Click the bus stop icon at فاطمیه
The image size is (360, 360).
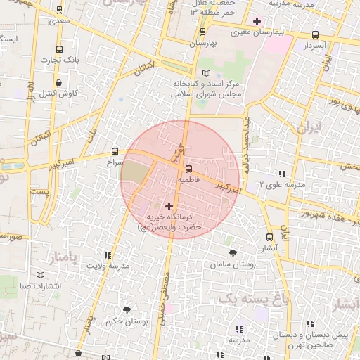coord(188,169)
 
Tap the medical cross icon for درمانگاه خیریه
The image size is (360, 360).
coord(169,206)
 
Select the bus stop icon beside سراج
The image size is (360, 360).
coord(115,151)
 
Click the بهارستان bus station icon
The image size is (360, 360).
coord(202,32)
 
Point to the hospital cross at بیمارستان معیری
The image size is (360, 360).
coord(257,21)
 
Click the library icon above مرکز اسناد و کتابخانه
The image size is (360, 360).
coord(205,73)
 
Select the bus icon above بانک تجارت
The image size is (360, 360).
coord(58,50)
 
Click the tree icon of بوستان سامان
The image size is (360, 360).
coord(232,252)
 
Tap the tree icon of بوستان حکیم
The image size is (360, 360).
coord(127,310)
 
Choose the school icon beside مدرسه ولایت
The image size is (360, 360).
coord(108,256)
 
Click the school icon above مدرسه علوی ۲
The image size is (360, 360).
coord(283,173)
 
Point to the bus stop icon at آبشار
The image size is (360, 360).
coord(269,237)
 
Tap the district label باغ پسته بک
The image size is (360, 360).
coord(254,299)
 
